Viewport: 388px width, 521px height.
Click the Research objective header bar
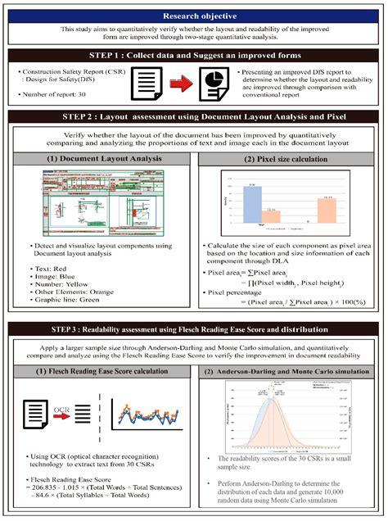[x=194, y=16]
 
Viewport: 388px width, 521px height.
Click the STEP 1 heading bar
[x=194, y=57]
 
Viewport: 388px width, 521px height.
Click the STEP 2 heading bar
[x=194, y=119]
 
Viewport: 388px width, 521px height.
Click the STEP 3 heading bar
[x=194, y=330]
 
